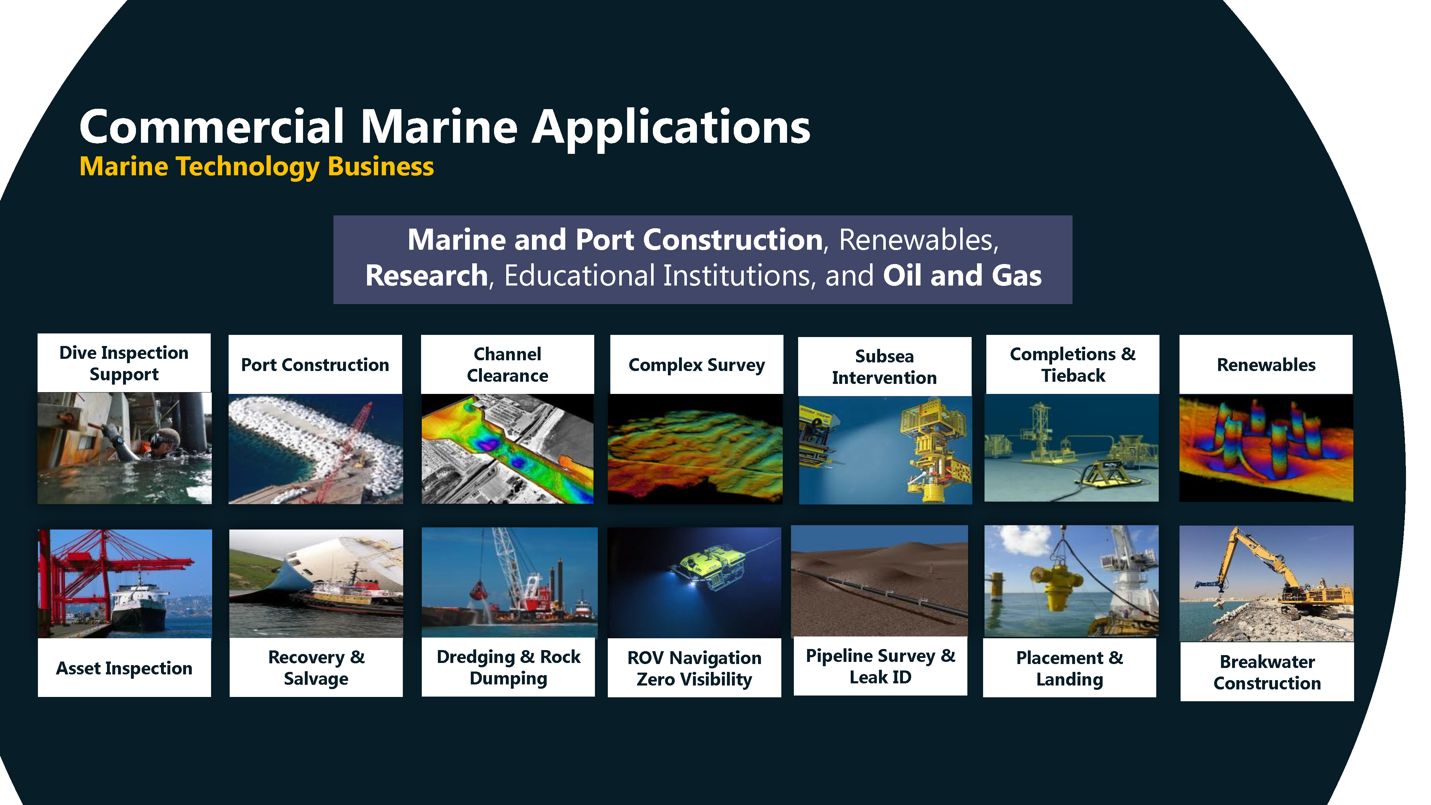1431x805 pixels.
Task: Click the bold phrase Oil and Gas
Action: coord(962,275)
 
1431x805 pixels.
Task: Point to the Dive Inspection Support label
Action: coord(124,364)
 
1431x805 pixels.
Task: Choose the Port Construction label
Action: coord(315,365)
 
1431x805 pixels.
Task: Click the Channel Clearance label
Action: coord(507,365)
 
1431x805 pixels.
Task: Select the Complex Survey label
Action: coord(697,365)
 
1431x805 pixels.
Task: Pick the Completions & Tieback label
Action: coord(1073,365)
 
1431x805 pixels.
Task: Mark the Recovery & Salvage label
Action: coord(316,668)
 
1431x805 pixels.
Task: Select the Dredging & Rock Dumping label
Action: coord(508,667)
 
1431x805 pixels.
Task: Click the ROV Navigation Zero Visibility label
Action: coord(694,668)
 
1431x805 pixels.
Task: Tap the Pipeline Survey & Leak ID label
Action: coord(880,666)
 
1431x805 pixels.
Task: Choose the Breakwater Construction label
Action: coord(1267,672)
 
